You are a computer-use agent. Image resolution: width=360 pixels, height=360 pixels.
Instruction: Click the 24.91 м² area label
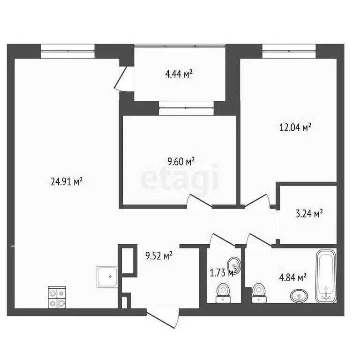[67, 182]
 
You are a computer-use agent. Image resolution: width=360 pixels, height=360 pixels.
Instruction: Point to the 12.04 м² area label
[296, 127]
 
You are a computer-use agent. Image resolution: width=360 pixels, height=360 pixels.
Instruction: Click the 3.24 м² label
[308, 214]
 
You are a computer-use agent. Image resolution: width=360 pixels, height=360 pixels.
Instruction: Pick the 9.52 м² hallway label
[159, 255]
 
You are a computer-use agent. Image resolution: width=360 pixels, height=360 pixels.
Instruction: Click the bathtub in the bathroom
[326, 277]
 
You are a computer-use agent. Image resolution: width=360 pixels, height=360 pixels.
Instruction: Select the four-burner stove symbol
[57, 297]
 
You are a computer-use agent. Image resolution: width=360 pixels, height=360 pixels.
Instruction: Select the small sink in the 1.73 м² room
[234, 265]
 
